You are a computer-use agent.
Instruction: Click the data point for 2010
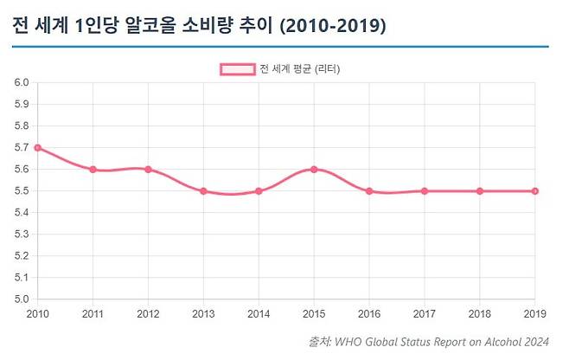click(37, 148)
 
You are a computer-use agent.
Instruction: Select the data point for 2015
click(314, 170)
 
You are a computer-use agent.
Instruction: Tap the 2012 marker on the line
click(148, 170)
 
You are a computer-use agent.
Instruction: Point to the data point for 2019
click(535, 191)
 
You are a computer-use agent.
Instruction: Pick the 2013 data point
click(203, 191)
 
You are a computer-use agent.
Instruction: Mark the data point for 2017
click(425, 191)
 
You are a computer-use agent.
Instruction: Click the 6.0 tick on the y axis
click(22, 83)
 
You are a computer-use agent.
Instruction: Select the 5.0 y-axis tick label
click(22, 299)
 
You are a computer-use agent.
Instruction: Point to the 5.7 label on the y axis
click(22, 148)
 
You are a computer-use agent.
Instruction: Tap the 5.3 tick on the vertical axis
click(22, 235)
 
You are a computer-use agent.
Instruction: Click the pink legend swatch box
click(237, 69)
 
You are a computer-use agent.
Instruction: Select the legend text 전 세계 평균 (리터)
click(299, 69)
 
